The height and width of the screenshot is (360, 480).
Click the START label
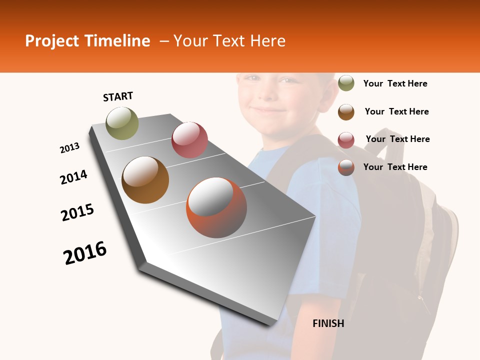point(118,96)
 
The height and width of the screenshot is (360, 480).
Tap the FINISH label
point(328,323)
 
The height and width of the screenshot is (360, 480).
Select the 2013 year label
point(70,148)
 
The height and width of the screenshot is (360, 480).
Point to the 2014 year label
point(73,177)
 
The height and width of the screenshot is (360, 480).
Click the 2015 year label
point(77,212)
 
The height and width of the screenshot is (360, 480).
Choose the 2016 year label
point(85,252)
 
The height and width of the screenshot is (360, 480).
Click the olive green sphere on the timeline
point(122,123)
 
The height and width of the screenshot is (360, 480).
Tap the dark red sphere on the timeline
point(189,140)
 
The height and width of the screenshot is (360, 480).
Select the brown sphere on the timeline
point(145,180)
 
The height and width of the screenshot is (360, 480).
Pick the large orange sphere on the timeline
point(216,207)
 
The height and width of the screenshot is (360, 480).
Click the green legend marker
point(346,83)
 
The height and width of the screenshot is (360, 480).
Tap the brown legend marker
point(346,112)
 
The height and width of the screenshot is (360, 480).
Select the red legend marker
point(346,140)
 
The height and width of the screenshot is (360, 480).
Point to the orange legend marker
point(346,167)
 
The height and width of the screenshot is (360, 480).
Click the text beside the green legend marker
point(395,84)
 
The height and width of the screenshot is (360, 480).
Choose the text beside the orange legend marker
point(395,167)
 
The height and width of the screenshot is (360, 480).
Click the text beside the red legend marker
point(397,139)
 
